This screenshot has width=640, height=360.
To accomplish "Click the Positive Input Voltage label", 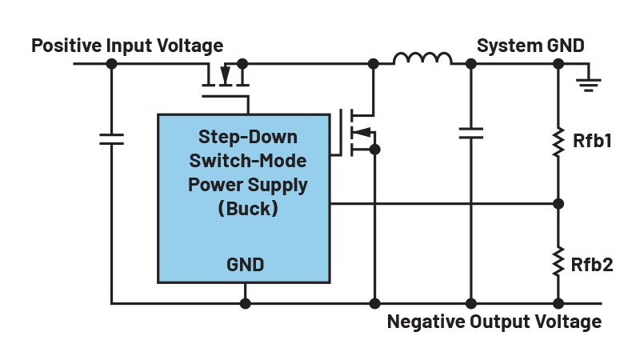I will [127, 45].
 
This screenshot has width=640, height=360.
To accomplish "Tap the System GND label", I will [530, 45].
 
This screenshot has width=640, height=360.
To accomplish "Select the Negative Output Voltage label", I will [494, 322].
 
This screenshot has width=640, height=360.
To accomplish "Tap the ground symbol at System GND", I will [590, 81].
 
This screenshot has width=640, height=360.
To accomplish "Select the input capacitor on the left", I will [111, 138].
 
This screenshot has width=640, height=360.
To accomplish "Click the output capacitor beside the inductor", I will [470, 132].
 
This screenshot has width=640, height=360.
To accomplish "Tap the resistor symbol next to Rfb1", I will [558, 142].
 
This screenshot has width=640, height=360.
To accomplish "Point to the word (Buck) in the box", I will [247, 209].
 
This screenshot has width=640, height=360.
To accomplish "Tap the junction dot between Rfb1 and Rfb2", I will [558, 203].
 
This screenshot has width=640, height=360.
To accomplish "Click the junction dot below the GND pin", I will [246, 304].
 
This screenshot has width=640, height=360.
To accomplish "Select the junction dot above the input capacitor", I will [111, 62].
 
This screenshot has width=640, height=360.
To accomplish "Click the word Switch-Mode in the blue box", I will [247, 161].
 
